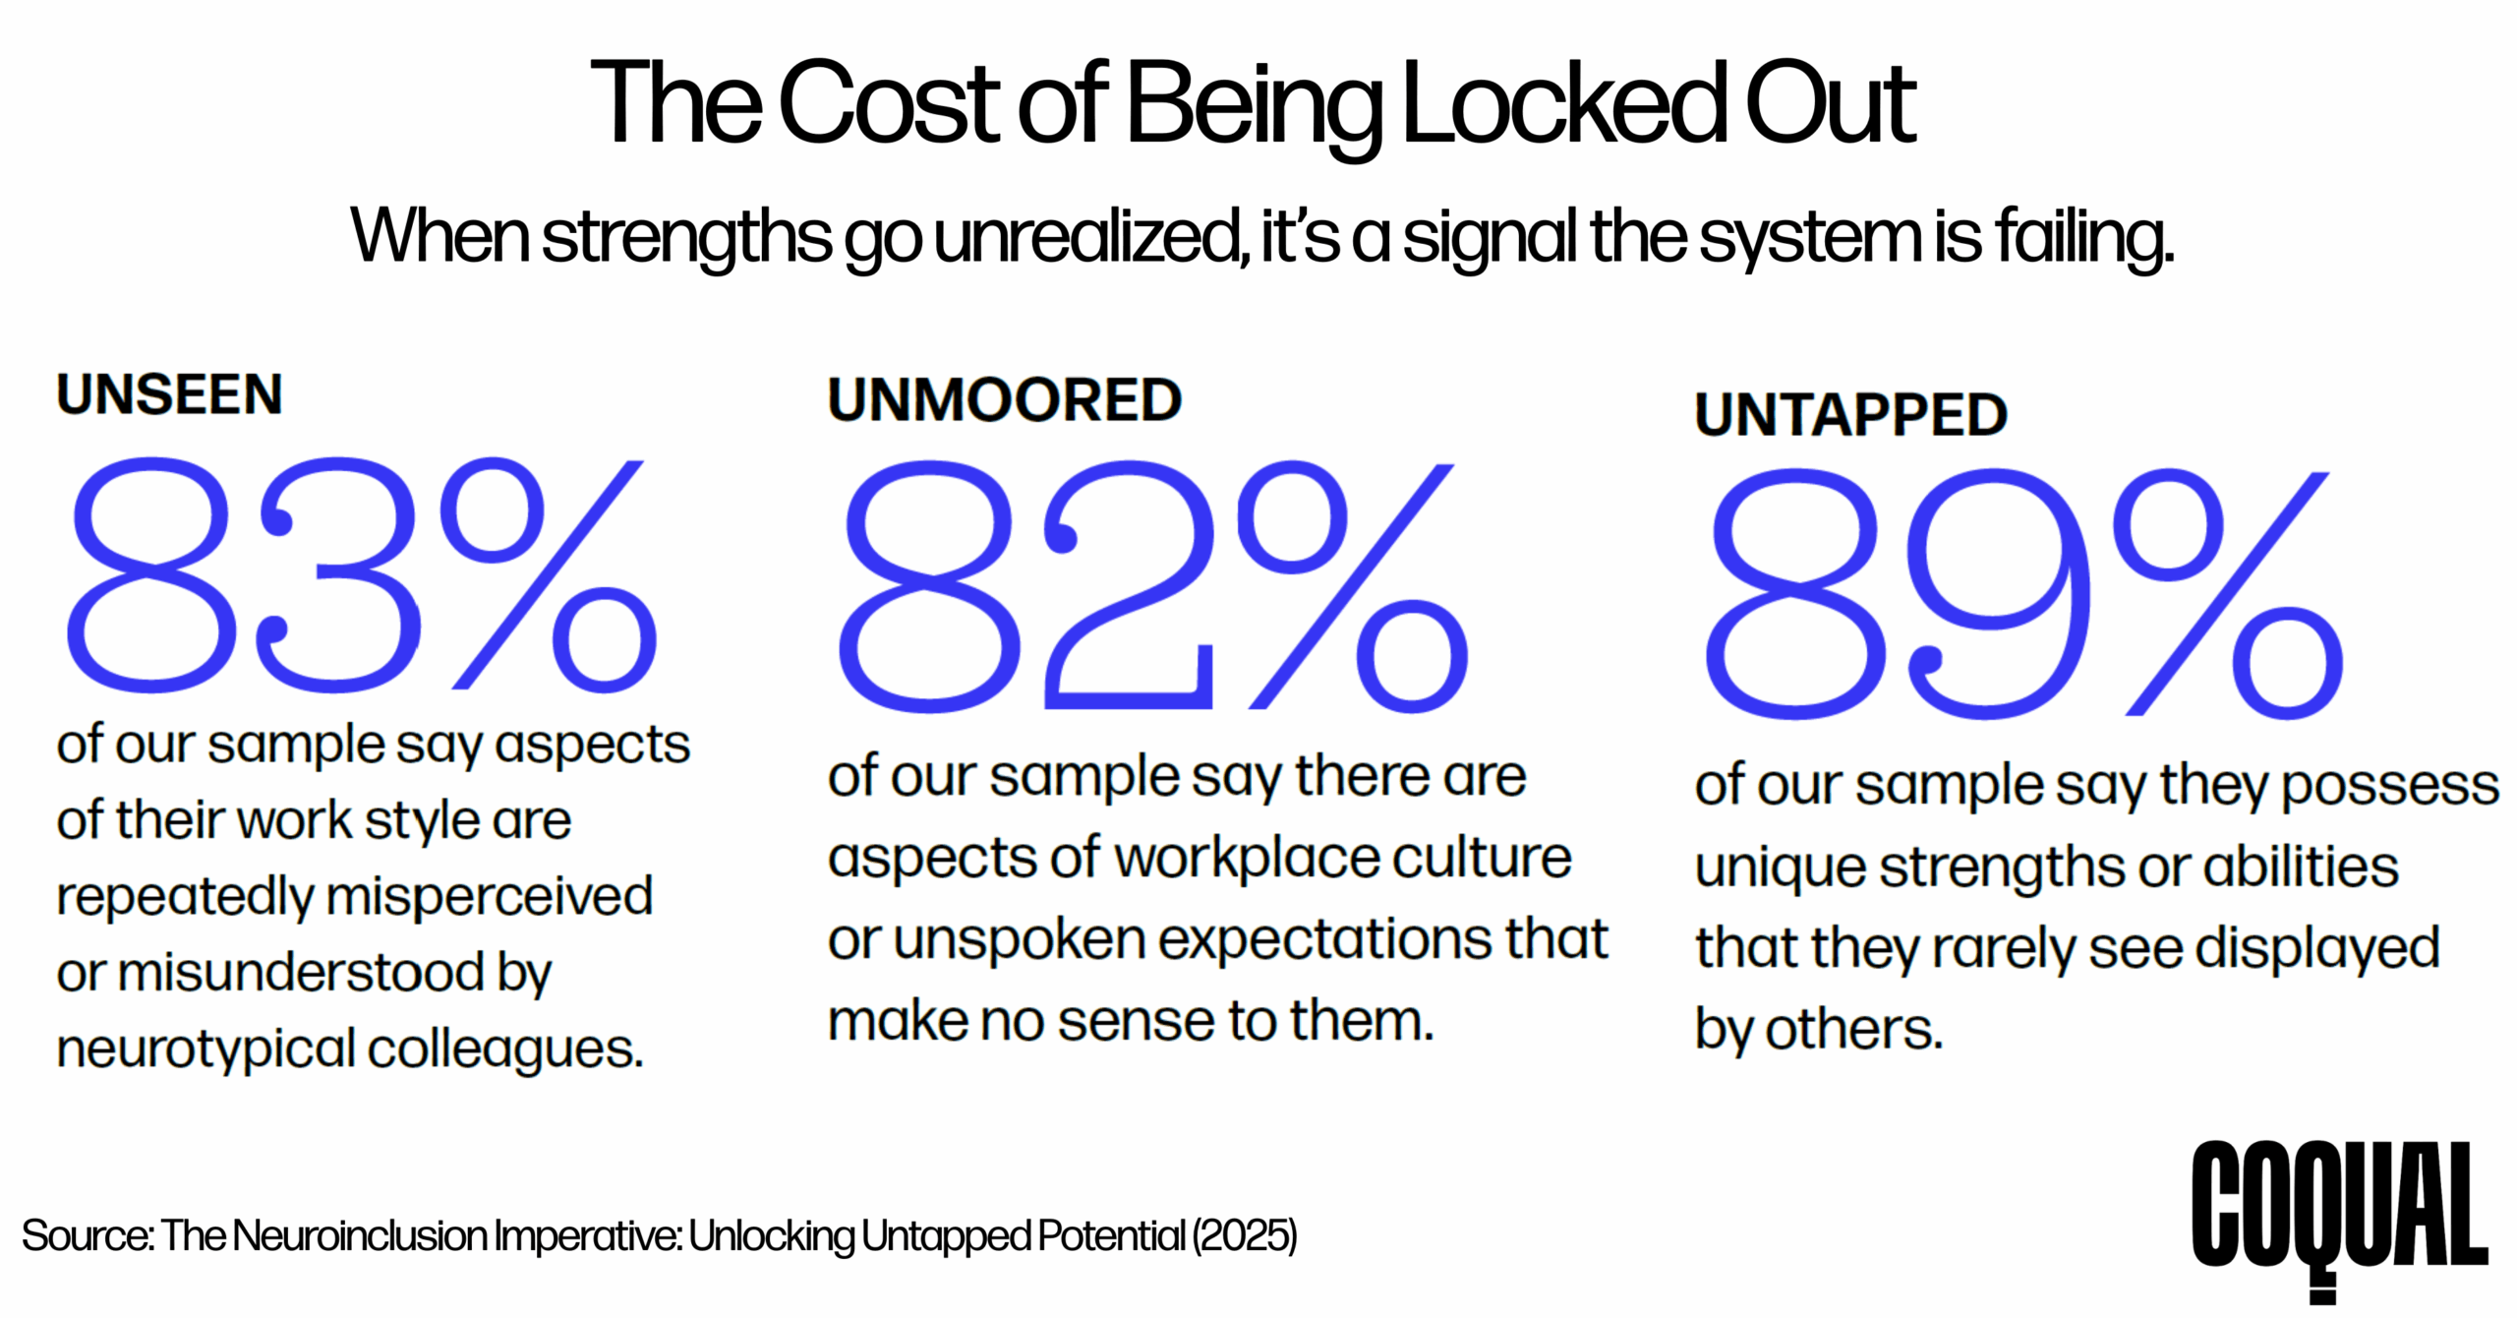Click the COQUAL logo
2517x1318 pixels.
pos(2339,1210)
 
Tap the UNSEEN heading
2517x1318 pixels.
pos(169,395)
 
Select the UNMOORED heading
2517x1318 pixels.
pos(1004,400)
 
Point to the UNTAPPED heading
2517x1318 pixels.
pos(1850,414)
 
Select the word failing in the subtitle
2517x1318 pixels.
pos(2083,239)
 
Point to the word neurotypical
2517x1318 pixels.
pos(205,1048)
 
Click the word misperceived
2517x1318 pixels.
pos(489,897)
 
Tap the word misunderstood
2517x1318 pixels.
pos(300,973)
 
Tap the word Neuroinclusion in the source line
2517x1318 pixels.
pos(360,1236)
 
